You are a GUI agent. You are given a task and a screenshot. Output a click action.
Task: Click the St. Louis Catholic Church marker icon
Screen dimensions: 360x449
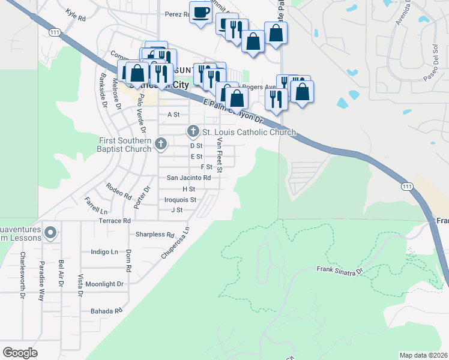click(x=193, y=130)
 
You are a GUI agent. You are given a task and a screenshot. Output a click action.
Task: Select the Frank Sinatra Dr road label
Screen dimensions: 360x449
click(x=340, y=271)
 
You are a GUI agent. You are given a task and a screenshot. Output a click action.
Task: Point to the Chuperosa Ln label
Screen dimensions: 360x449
click(x=175, y=243)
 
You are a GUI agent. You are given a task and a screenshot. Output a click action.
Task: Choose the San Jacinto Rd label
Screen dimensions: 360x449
click(x=188, y=178)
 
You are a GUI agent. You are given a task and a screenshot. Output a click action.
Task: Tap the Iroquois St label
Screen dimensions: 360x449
click(x=181, y=199)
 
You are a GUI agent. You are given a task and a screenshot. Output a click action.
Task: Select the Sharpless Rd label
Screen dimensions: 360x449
click(x=155, y=235)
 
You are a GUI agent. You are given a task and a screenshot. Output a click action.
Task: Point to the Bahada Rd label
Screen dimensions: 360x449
click(x=106, y=311)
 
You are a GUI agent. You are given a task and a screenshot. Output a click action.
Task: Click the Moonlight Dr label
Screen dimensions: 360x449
click(x=104, y=284)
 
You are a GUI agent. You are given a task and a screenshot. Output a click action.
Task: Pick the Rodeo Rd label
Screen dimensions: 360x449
click(x=118, y=191)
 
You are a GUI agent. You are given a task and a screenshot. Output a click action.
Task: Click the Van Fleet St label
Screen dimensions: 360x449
click(x=220, y=155)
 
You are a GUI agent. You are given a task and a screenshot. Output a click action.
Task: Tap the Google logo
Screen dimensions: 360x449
click(x=20, y=353)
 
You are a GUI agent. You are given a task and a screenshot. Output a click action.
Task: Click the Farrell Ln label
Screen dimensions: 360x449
click(x=96, y=206)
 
